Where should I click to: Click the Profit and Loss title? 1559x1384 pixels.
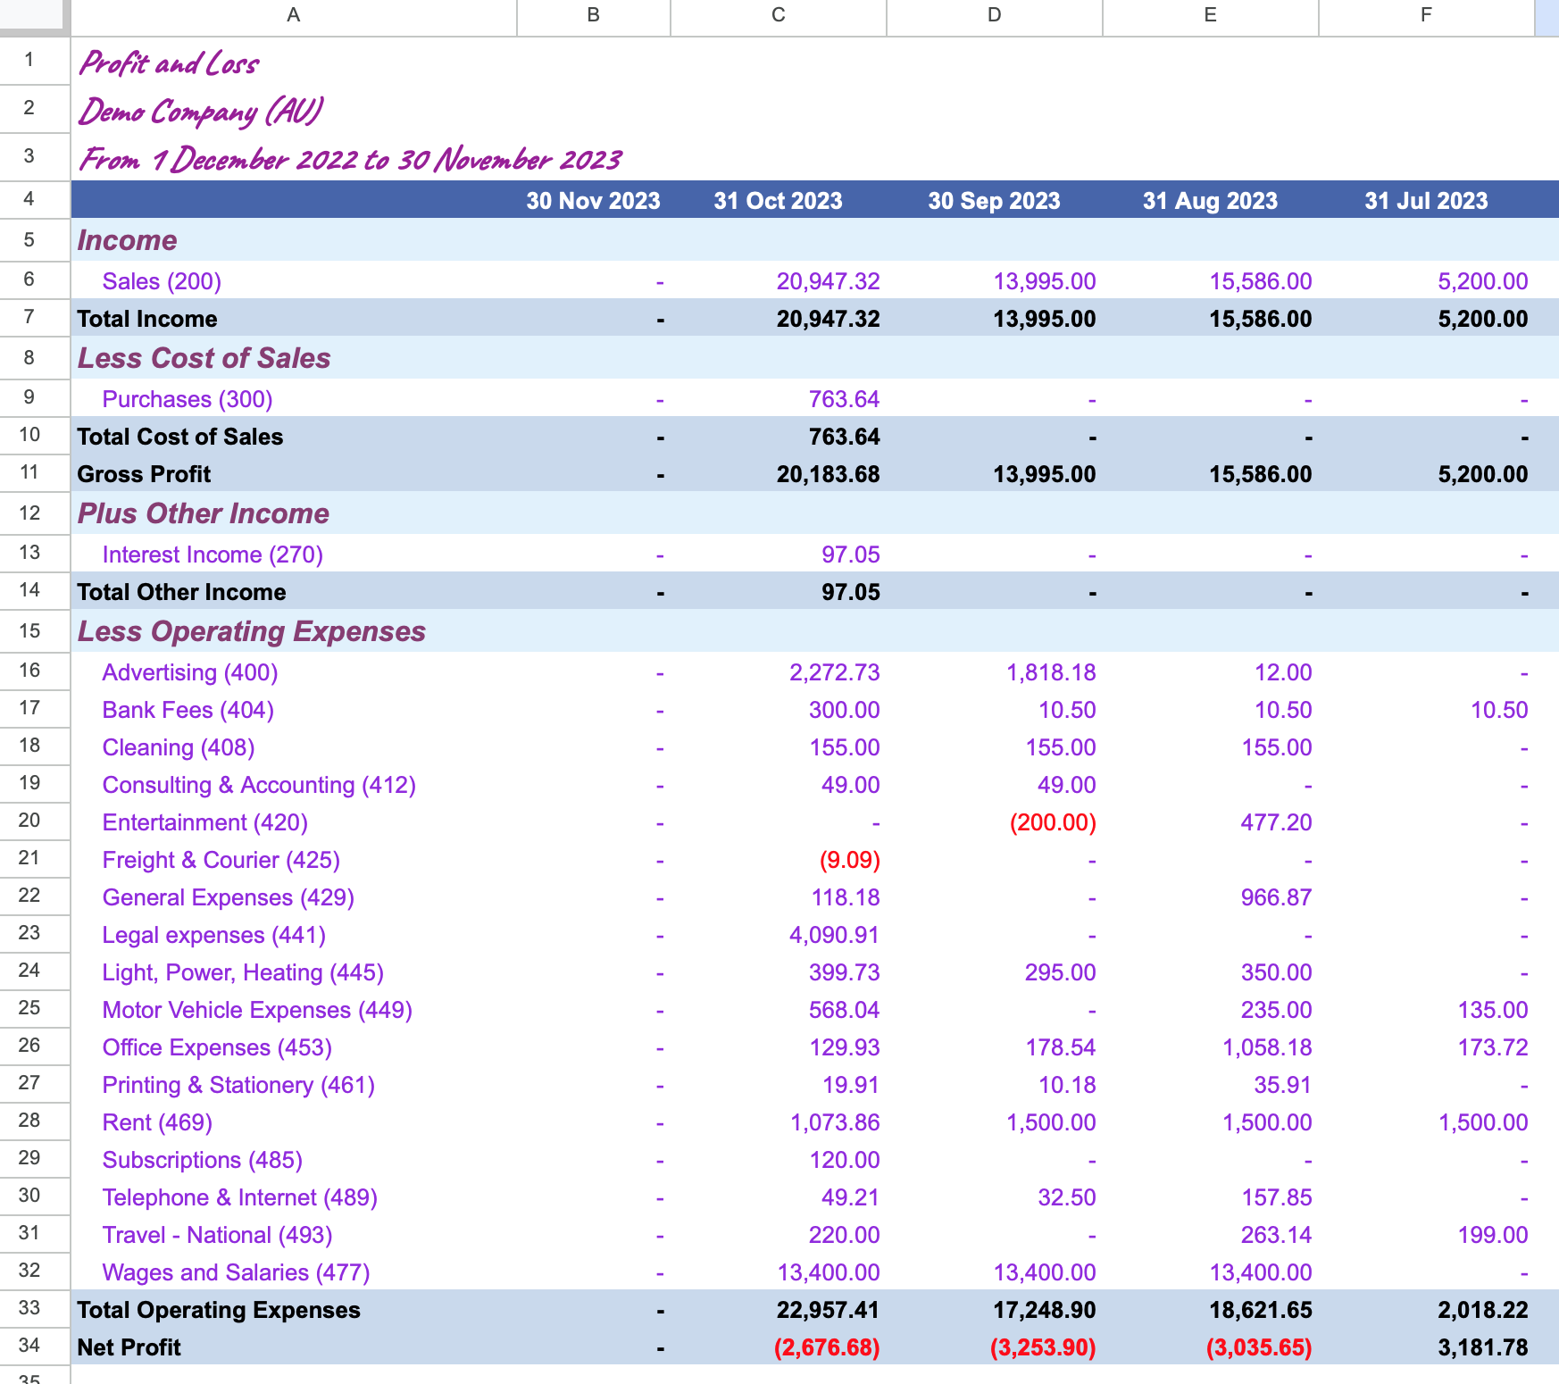coord(169,63)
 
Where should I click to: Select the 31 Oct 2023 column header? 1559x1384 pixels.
coord(778,201)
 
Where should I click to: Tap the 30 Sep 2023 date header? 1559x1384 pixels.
coord(994,201)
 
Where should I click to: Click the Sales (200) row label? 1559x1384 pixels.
coord(162,281)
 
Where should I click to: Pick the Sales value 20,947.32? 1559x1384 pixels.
coord(828,281)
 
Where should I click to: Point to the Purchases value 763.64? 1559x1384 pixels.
coord(844,399)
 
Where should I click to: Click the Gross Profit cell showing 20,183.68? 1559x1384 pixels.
coord(828,474)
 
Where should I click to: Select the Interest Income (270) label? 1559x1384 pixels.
coord(213,554)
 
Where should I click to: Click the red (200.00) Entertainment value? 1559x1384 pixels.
coord(1053,822)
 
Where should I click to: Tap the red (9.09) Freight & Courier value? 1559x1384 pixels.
coord(849,860)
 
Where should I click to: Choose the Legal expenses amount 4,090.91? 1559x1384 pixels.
coord(834,935)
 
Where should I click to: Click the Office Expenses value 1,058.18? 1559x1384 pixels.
coord(1267,1047)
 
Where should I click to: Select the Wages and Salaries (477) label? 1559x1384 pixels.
coord(236,1272)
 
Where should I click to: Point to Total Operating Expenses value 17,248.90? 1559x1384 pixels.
coord(1045,1310)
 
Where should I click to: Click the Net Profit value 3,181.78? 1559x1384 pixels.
coord(1483,1347)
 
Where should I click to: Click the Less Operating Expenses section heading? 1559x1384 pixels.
coord(252,631)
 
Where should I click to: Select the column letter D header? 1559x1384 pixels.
coord(995,15)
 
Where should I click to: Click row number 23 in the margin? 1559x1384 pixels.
coord(29,933)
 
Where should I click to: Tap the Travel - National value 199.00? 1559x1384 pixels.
coord(1493,1235)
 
